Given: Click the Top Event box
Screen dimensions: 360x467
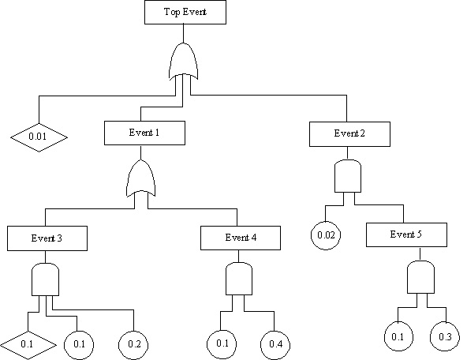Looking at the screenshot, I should click(185, 12).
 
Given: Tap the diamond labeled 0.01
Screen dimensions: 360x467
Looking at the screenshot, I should click(38, 137).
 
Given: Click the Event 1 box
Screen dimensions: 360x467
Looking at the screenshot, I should click(144, 133).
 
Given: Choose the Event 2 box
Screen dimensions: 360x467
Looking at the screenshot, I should click(349, 133).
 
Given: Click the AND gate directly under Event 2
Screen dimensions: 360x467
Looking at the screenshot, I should click(348, 177).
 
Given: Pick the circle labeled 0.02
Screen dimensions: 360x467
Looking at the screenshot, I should click(324, 236).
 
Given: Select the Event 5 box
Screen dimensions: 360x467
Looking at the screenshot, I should click(406, 235).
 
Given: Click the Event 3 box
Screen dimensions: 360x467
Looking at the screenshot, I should click(48, 237).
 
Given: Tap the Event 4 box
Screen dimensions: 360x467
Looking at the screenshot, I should click(240, 237).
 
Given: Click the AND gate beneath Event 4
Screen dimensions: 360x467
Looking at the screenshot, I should click(239, 278).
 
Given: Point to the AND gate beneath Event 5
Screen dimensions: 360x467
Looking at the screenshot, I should click(420, 277).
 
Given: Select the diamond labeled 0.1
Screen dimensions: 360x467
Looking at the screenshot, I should click(28, 344).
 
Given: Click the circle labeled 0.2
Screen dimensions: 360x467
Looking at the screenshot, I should click(133, 344).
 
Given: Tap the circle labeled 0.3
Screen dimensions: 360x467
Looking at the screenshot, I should click(444, 337).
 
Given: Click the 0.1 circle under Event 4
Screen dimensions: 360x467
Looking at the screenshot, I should click(221, 344).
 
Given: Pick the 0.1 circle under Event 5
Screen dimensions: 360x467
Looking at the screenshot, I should click(398, 337).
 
